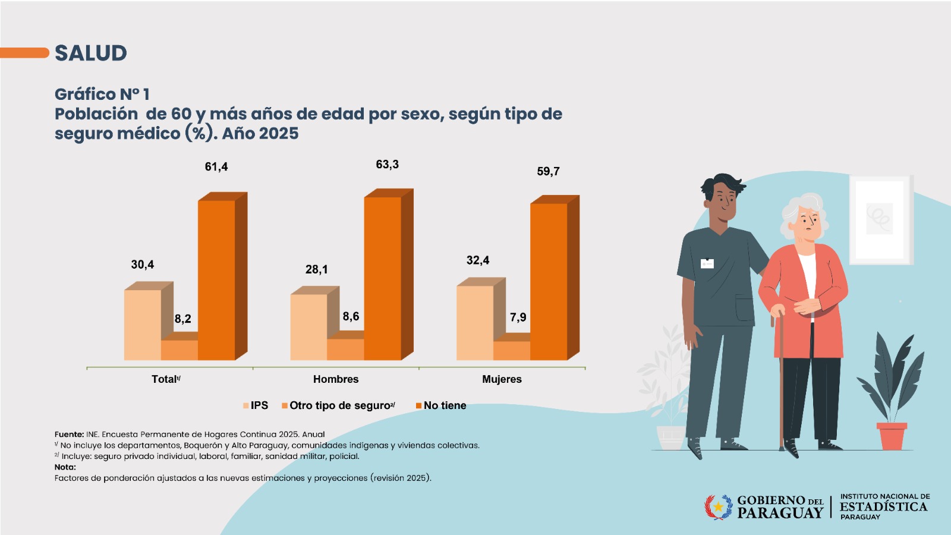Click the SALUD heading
click(91, 53)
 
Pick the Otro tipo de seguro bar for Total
click(179, 350)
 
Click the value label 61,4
click(216, 167)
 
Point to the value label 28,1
click(317, 269)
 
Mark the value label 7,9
click(518, 317)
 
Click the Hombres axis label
click(336, 379)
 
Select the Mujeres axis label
click(502, 379)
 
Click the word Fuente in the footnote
click(68, 435)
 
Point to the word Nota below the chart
click(64, 467)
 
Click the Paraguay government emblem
click(719, 507)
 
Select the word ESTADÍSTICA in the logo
click(883, 507)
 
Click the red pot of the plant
click(892, 436)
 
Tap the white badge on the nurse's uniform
click(707, 263)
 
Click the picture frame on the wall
click(880, 219)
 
